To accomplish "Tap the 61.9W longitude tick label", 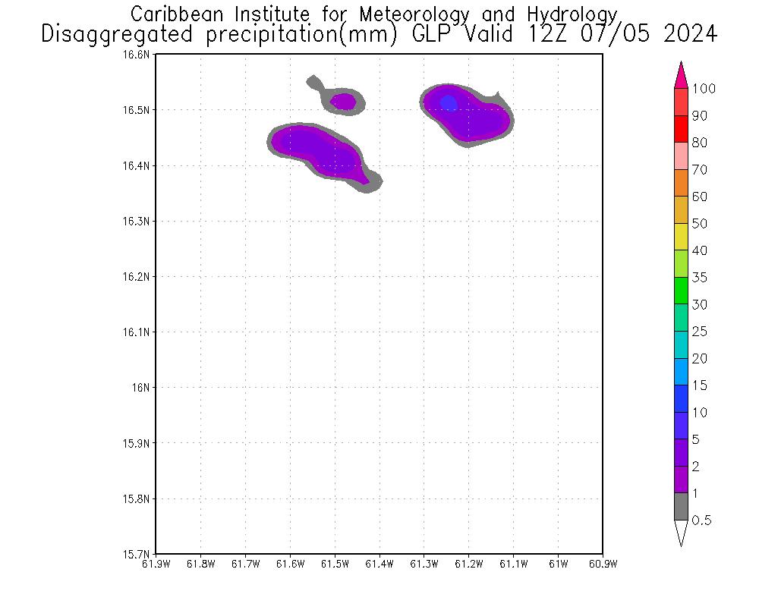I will pos(156,564).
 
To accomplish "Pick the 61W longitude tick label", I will pos(558,564).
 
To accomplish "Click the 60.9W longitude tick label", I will pos(603,564).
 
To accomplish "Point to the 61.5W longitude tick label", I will pos(335,564).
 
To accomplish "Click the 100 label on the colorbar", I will pos(704,89).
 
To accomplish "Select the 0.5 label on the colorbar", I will pos(702,521).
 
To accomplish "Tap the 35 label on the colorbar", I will pos(700,278).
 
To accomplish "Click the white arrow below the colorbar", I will pos(681,533).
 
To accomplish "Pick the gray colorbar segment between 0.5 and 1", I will pos(681,507).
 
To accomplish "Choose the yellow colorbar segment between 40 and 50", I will pos(681,237).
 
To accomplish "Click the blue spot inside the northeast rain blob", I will pos(449,102).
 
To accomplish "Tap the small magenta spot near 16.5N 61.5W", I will pos(344,100).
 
